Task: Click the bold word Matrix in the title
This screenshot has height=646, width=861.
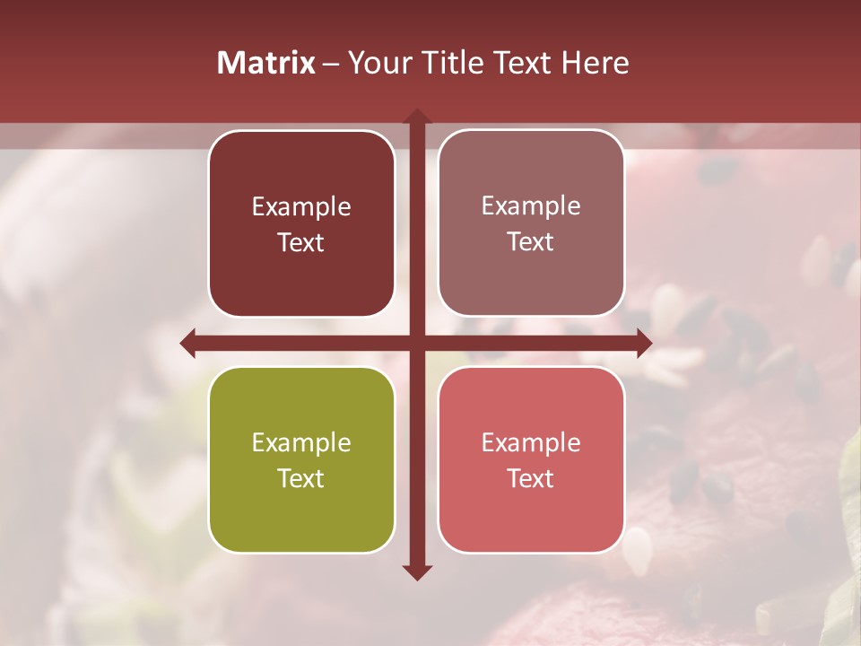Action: point(265,63)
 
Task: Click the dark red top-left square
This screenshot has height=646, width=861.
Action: point(301,223)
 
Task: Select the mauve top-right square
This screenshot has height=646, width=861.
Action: point(531,223)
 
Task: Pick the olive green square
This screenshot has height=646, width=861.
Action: point(301,460)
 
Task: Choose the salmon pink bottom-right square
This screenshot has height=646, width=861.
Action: point(531,460)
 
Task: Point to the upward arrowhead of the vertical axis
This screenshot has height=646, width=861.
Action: point(417,117)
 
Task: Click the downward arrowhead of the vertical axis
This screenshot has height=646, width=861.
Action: point(417,572)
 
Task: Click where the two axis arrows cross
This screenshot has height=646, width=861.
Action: point(417,343)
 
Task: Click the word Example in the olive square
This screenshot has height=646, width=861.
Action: point(301,443)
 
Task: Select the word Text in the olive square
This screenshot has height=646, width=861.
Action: point(301,479)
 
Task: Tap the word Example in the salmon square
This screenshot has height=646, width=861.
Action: point(531,443)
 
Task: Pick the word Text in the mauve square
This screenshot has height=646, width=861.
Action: point(531,242)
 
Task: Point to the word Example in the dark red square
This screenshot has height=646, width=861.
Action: point(301,207)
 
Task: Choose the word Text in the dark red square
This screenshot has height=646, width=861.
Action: point(301,243)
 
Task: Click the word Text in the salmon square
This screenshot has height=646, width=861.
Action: point(531,479)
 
